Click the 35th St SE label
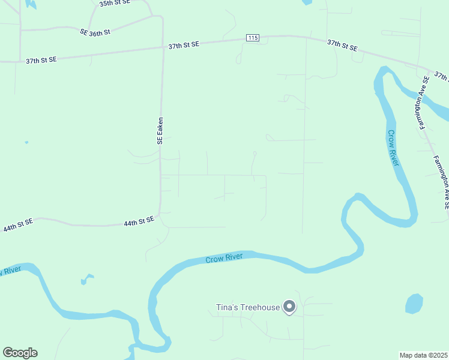pyautogui.click(x=113, y=4)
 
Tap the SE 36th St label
pyautogui.click(x=95, y=32)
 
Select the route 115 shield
pyautogui.click(x=253, y=38)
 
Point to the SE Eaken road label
pyautogui.click(x=160, y=130)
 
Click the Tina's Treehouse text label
pyautogui.click(x=248, y=308)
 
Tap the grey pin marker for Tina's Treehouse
pyautogui.click(x=289, y=307)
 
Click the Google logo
pyautogui.click(x=20, y=353)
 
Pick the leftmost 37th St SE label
pyautogui.click(x=41, y=60)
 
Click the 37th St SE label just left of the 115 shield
pyautogui.click(x=184, y=45)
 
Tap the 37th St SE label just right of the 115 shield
pyautogui.click(x=342, y=45)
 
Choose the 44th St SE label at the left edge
pyautogui.click(x=18, y=226)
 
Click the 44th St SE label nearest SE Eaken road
pyautogui.click(x=139, y=222)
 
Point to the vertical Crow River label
pyautogui.click(x=394, y=149)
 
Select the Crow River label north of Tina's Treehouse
pyautogui.click(x=224, y=259)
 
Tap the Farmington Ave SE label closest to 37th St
pyautogui.click(x=423, y=102)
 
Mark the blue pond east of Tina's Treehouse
pyautogui.click(x=414, y=304)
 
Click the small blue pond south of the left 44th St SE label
pyautogui.click(x=88, y=278)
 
